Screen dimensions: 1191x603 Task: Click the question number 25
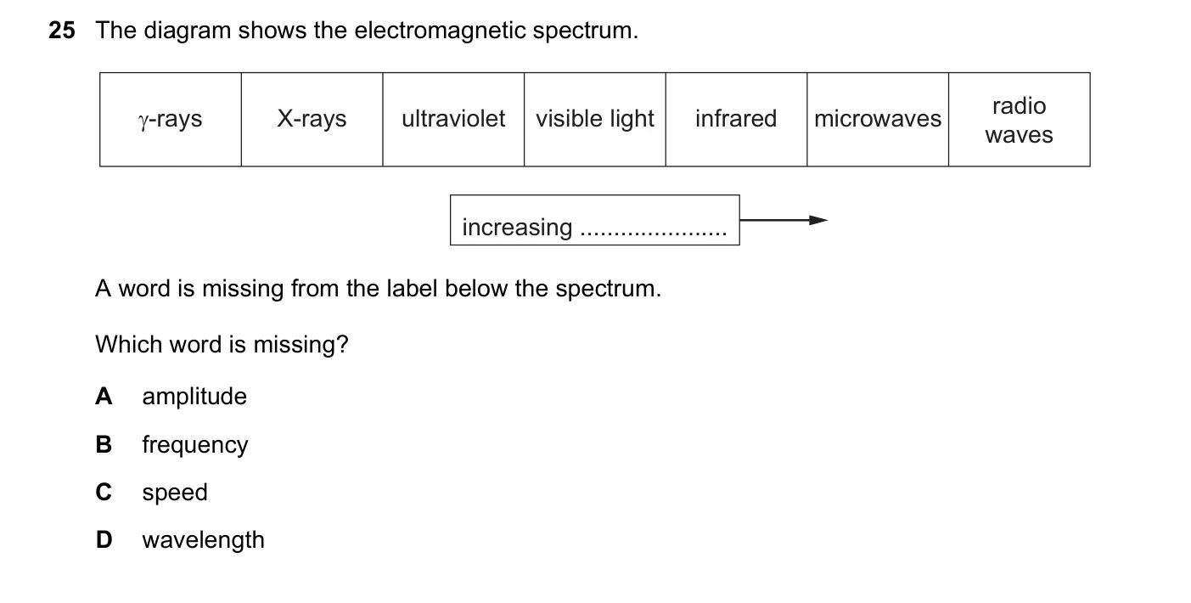point(62,31)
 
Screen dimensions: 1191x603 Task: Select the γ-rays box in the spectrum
point(171,120)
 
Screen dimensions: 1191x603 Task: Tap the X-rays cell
point(312,120)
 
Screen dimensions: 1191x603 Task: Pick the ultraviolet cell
point(453,120)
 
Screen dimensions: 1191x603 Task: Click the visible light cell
point(595,120)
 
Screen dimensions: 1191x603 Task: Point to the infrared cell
point(736,120)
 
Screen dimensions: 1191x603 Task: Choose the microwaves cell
point(878,120)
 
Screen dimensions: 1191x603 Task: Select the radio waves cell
point(1020,120)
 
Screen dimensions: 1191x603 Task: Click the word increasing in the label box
point(517,228)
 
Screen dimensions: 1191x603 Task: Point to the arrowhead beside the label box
point(818,220)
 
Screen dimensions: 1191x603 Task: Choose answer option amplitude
point(194,397)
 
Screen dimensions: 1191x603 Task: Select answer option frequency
point(195,445)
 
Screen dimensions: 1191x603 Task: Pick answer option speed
point(175,493)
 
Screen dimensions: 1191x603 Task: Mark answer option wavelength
point(203,540)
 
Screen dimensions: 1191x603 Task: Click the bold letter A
point(104,396)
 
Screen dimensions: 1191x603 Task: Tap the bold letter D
point(104,539)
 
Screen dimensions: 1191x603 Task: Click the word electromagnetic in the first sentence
point(441,31)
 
